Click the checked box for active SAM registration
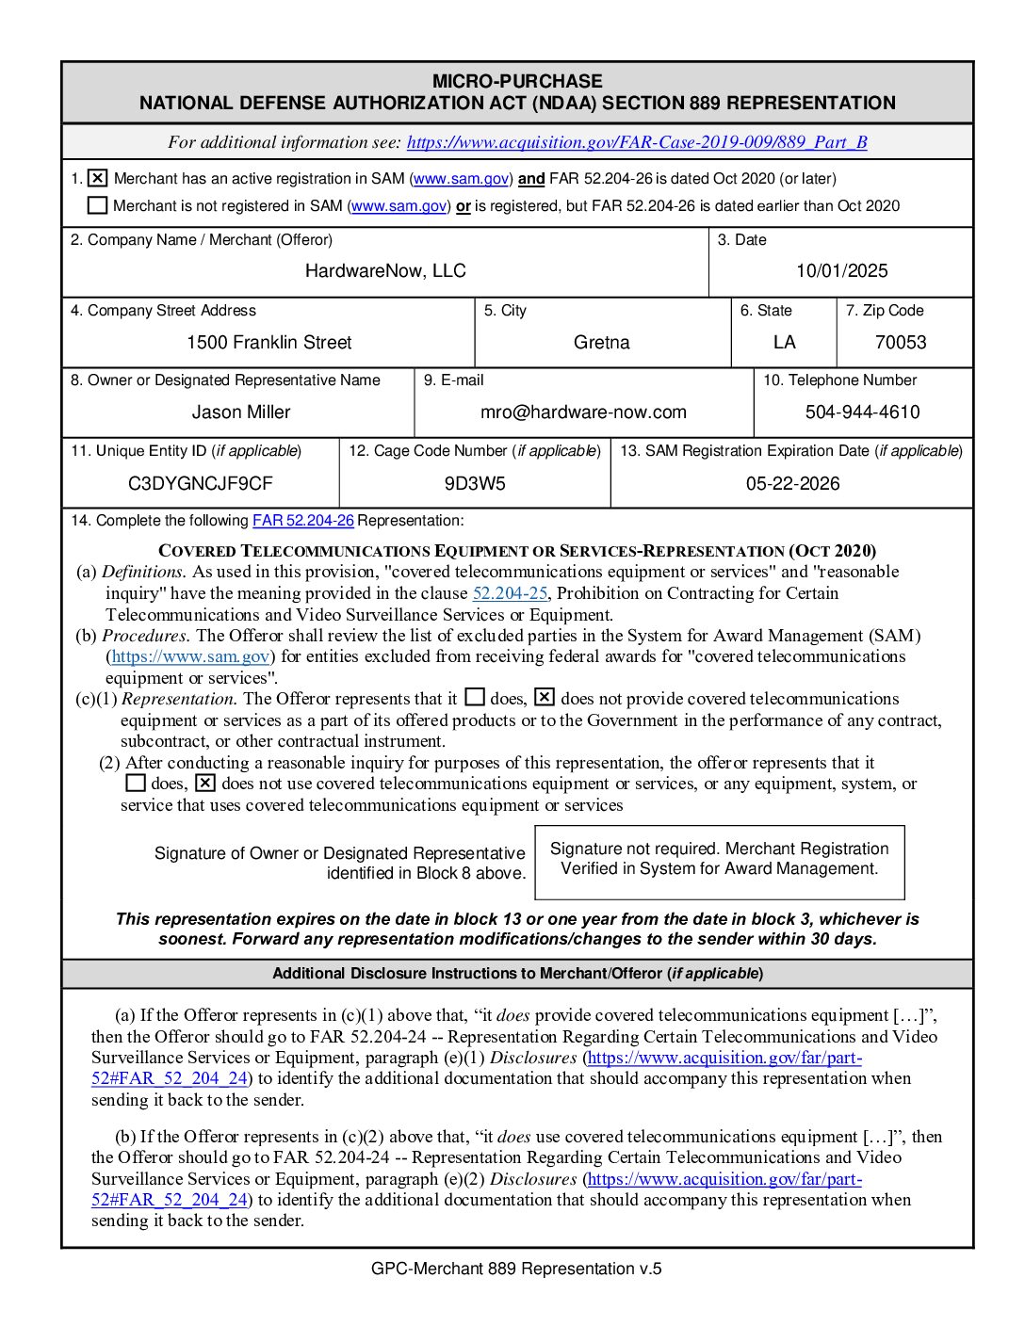(x=97, y=178)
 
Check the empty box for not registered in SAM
(x=97, y=205)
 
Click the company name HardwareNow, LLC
(x=385, y=271)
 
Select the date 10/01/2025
(x=841, y=271)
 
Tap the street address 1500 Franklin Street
(x=268, y=343)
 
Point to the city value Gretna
(x=601, y=343)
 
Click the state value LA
(x=784, y=343)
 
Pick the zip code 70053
(x=901, y=343)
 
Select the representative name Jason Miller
(x=241, y=412)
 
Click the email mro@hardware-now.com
(x=583, y=412)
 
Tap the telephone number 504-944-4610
(x=862, y=412)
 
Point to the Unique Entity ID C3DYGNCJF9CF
(x=201, y=484)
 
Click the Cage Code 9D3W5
(x=475, y=484)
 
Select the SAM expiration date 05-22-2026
(x=792, y=484)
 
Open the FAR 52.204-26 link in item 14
(x=302, y=521)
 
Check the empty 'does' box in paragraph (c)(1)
(x=475, y=698)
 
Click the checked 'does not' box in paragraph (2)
(x=205, y=784)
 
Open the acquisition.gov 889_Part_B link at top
(x=636, y=142)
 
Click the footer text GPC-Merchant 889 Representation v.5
(x=516, y=1269)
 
